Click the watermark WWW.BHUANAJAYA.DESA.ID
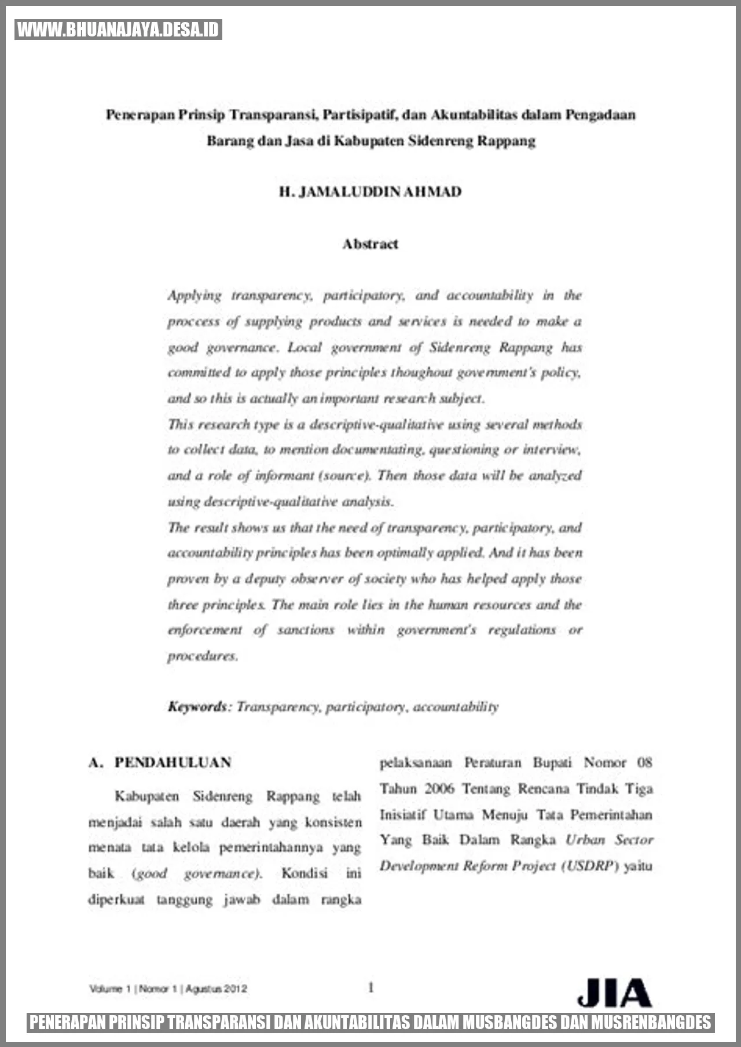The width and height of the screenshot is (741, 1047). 118,30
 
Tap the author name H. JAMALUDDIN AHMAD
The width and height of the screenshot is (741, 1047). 370,192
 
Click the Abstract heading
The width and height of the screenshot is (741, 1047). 370,244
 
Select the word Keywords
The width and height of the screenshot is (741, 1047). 197,707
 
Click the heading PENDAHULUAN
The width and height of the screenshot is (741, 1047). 173,762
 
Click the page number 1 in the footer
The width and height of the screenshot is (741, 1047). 370,987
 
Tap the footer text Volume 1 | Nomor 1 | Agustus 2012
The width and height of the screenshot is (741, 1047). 168,989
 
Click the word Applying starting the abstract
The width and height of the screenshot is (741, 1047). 195,296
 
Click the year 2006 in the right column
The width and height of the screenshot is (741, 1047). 439,789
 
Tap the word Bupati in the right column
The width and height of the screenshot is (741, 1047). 552,763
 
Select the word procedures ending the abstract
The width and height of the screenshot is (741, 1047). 203,656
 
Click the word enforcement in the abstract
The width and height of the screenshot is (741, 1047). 205,630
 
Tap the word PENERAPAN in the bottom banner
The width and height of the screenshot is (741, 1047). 68,1022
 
